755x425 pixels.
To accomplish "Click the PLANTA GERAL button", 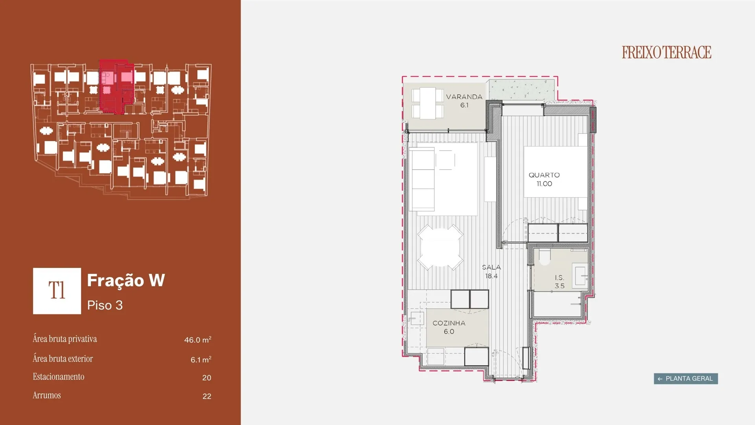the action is [686, 379].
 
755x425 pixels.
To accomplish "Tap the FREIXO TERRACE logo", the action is [667, 52].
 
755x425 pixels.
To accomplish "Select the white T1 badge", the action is [57, 291].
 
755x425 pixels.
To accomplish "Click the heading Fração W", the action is [126, 280].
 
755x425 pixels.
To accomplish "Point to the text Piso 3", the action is [105, 305].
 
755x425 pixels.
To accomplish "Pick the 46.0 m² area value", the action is [198, 340].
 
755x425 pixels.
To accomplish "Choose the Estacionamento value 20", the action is [207, 378].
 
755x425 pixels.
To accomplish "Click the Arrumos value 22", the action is [207, 396].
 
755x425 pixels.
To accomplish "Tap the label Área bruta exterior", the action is [63, 358].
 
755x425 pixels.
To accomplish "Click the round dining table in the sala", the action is [440, 247].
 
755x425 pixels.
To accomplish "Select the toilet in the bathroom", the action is [544, 257].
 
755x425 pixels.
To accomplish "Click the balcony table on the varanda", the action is [427, 103].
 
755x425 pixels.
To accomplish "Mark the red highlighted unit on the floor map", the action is [116, 87].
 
